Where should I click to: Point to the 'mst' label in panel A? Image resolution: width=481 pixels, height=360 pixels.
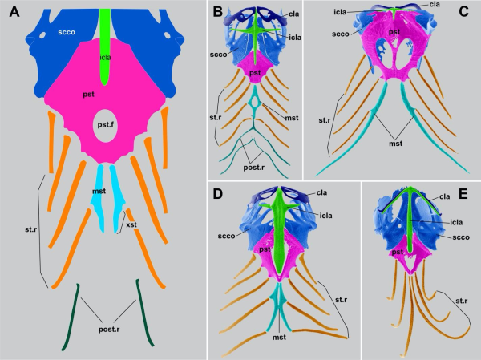[100, 191]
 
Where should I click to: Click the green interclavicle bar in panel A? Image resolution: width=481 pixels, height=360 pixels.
[105, 40]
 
